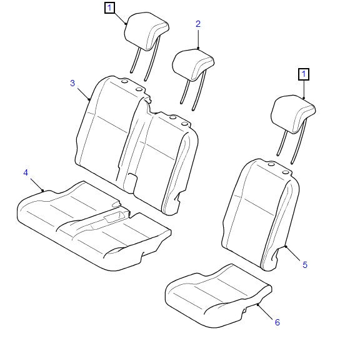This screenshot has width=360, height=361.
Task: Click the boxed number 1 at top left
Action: [110, 8]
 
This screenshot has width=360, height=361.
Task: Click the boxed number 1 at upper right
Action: [304, 75]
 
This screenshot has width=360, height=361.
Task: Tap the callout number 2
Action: [198, 24]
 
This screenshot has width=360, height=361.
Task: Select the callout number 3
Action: [72, 83]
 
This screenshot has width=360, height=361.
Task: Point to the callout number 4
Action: [26, 172]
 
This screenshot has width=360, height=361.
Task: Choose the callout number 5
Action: [305, 265]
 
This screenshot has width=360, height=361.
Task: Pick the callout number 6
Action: [277, 322]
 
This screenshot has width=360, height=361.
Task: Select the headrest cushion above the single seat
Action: [293, 114]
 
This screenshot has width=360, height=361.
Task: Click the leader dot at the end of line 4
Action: [42, 190]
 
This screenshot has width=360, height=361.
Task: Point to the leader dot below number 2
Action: [198, 48]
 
